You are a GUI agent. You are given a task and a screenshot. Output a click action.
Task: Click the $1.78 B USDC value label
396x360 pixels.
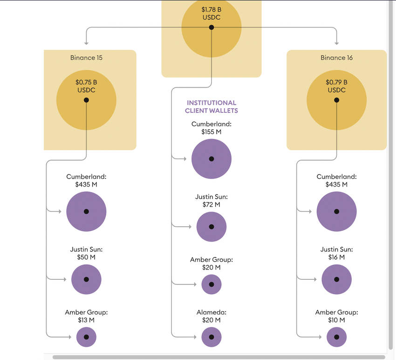[211, 13]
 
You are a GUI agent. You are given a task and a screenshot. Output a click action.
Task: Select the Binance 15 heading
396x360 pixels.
[86, 58]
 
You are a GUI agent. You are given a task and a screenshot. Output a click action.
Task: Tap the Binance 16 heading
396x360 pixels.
[336, 58]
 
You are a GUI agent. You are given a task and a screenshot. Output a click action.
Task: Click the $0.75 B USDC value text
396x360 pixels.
[86, 86]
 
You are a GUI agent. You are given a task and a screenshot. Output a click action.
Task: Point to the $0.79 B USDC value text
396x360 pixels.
[336, 86]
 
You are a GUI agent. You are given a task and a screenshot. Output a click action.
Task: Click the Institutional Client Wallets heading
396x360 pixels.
[211, 107]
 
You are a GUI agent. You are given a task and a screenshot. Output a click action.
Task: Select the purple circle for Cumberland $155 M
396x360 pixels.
[211, 159]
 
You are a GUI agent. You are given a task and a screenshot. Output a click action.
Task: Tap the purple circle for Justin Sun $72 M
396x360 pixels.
[211, 227]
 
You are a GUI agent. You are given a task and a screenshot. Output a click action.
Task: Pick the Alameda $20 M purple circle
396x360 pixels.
[211, 337]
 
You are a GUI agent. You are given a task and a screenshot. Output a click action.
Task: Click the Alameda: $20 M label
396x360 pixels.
[211, 316]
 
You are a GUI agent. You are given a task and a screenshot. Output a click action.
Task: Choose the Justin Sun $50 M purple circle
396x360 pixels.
[86, 279]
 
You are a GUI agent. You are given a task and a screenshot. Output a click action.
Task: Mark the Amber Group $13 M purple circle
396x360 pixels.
[86, 337]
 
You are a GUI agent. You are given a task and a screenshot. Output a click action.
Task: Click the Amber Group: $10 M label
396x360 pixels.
[336, 316]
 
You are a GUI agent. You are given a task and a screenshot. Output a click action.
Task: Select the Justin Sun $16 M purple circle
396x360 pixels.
[336, 279]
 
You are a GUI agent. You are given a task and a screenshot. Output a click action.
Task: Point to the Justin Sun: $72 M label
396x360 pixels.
[211, 201]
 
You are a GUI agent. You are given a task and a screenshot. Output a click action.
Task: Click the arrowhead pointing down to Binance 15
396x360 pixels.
[86, 42]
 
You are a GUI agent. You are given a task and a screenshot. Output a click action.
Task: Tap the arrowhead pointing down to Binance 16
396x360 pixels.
[336, 42]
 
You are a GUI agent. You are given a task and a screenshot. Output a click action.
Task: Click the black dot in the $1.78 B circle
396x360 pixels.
[211, 28]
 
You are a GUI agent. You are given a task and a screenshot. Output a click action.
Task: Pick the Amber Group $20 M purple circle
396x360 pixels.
[211, 284]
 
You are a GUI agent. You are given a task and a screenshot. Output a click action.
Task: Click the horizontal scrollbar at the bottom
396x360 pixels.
[219, 357]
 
